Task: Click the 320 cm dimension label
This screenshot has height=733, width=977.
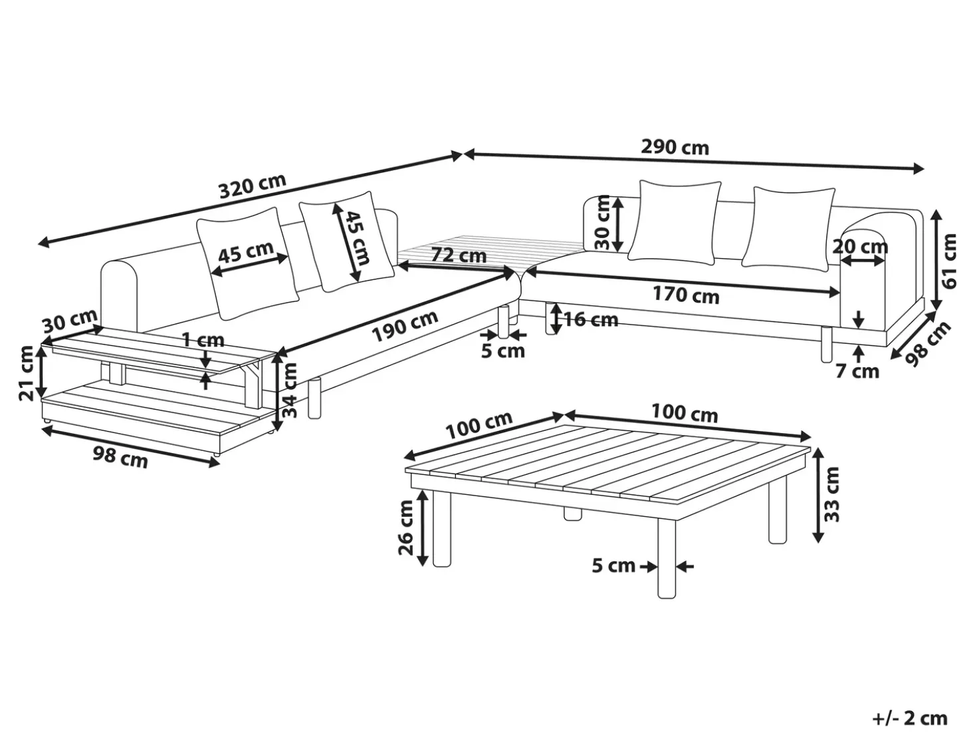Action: [253, 186]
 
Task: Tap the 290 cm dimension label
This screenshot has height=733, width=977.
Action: [675, 148]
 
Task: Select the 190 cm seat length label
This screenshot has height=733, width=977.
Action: [405, 326]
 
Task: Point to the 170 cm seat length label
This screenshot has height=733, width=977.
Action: [686, 295]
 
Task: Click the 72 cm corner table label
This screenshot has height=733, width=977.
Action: [459, 255]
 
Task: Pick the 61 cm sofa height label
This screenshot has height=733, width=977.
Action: [948, 261]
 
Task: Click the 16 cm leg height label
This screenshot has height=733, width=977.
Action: [591, 320]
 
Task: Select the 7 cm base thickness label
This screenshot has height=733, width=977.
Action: [857, 371]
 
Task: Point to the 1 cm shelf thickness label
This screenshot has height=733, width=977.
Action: [203, 340]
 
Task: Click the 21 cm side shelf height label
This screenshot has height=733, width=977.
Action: [27, 373]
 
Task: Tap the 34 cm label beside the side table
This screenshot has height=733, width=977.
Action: [290, 390]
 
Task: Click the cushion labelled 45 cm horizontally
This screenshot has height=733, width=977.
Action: [247, 263]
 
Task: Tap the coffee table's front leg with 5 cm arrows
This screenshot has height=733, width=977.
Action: [667, 558]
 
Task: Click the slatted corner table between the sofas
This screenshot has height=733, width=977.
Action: [490, 252]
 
